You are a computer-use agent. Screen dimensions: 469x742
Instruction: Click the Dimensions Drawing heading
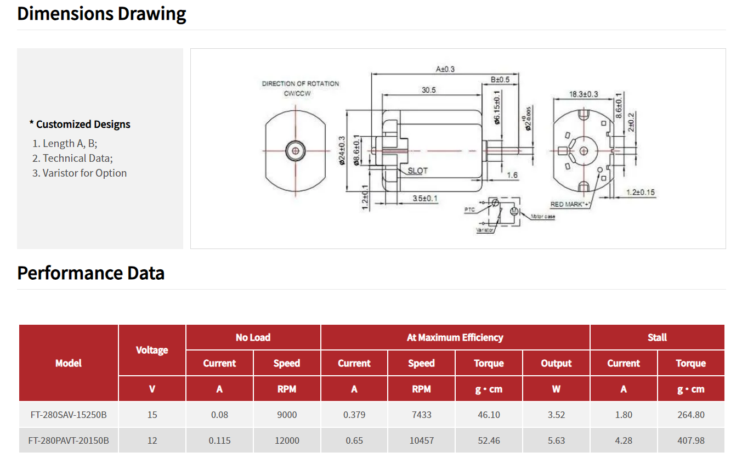click(x=101, y=14)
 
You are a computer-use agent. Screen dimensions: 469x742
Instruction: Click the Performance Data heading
click(x=91, y=273)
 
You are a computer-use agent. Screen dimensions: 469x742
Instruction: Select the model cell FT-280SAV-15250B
click(x=69, y=415)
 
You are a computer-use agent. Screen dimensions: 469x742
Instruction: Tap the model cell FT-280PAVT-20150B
click(x=69, y=440)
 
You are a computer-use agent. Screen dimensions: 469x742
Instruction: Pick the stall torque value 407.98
click(x=690, y=440)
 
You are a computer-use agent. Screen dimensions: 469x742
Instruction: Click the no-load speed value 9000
click(x=286, y=415)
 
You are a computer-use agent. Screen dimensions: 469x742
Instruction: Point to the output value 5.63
click(x=556, y=440)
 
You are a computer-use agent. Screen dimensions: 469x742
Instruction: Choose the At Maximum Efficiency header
click(x=455, y=337)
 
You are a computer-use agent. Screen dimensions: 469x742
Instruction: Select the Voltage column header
click(x=152, y=350)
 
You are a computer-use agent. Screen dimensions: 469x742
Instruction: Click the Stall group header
click(x=656, y=337)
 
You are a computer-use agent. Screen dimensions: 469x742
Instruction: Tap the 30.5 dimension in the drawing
click(x=428, y=90)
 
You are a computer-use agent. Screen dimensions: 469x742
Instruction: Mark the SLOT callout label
click(x=417, y=171)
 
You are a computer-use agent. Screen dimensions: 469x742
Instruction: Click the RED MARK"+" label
click(x=570, y=204)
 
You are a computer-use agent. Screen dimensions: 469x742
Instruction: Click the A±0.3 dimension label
click(x=445, y=69)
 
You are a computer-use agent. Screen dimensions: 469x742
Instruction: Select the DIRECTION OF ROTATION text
click(x=300, y=84)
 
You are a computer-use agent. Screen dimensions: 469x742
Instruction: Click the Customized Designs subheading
click(x=80, y=125)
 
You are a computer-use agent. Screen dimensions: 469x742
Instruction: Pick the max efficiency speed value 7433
click(x=421, y=415)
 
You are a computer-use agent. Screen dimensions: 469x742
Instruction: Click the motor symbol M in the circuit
click(x=514, y=211)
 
